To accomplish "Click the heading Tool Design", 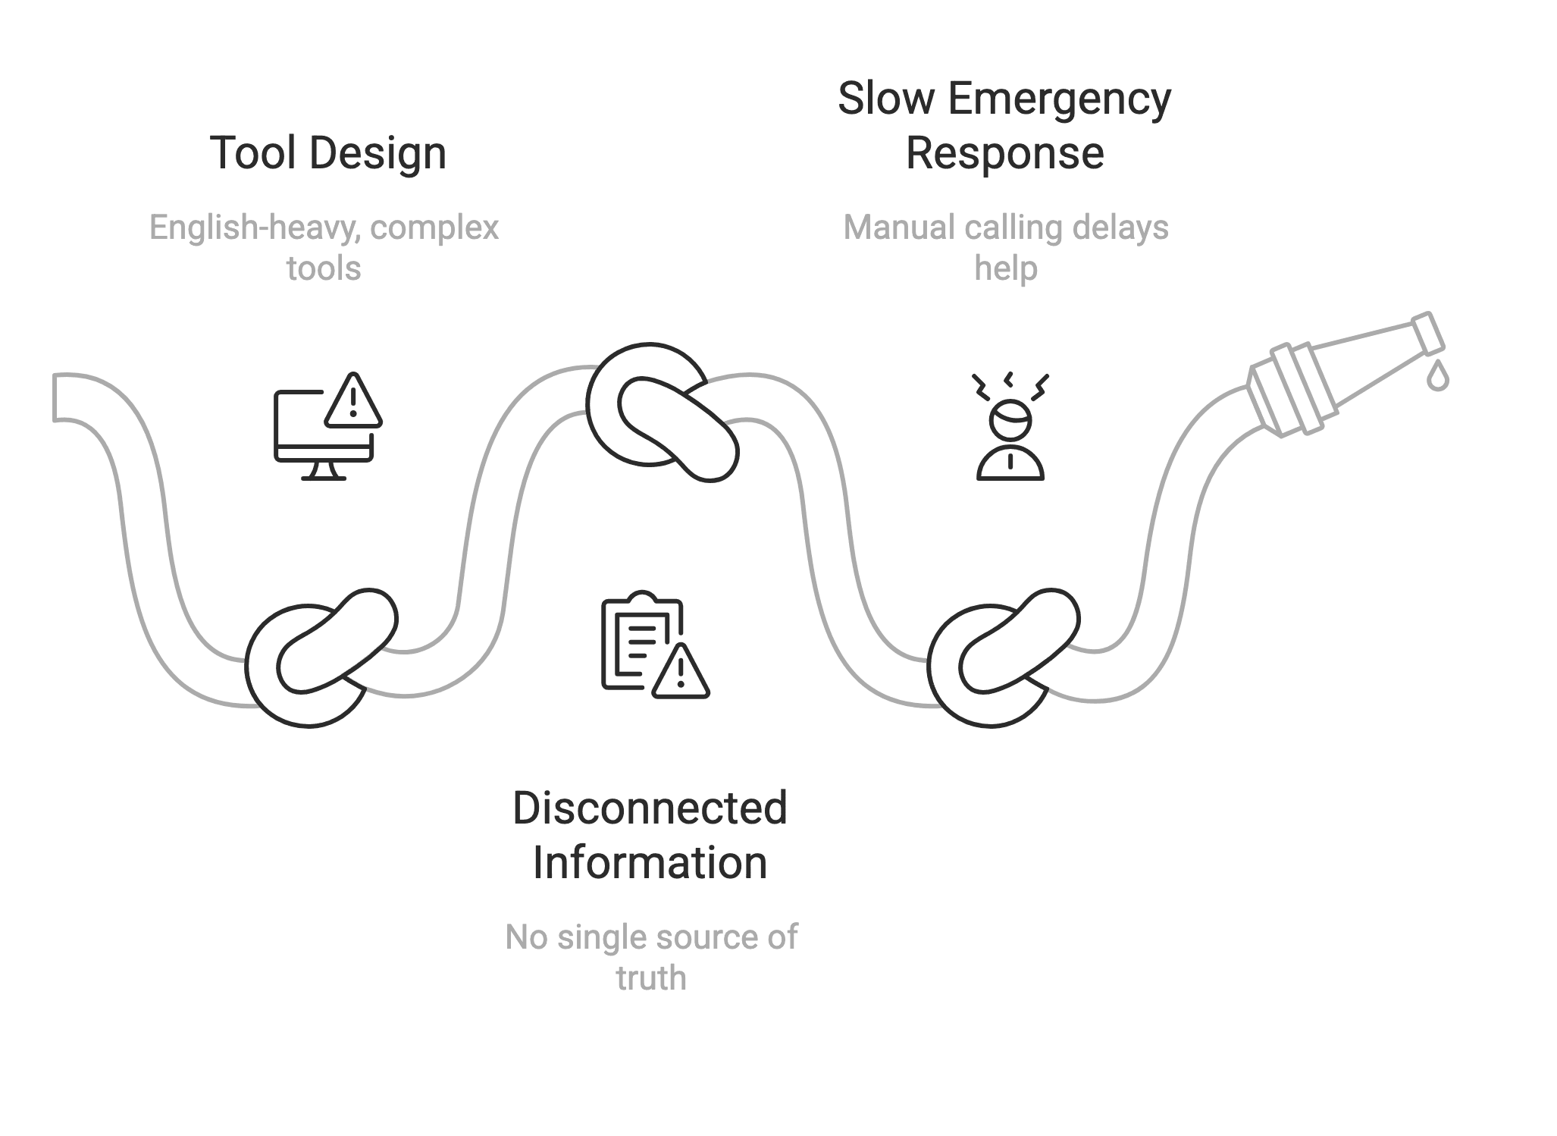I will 327,153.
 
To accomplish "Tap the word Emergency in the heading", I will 1059,99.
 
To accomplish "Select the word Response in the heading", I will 1004,153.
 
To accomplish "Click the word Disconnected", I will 650,808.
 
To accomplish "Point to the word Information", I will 650,862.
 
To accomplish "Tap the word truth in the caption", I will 650,978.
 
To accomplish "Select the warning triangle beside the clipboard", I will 680,671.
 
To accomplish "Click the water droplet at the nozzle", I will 1437,376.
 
